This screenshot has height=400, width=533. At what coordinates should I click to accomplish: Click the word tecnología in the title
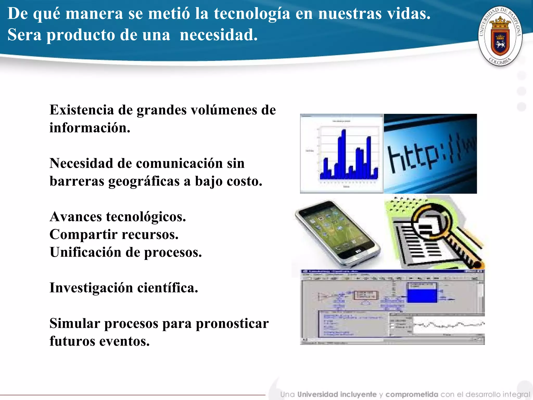coord(252,14)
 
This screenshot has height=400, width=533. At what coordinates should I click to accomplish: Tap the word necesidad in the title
coord(219,35)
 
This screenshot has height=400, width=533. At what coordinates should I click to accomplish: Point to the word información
coord(90,128)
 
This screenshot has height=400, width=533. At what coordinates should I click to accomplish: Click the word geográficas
coord(144,181)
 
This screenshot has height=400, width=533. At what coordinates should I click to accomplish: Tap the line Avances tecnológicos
coord(118,217)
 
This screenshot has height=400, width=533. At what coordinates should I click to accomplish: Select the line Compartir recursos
coord(114,234)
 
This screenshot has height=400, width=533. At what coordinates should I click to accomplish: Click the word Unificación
coord(86,252)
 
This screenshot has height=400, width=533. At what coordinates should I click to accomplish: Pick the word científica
coord(168,288)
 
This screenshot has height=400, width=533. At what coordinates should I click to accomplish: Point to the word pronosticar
coord(232,323)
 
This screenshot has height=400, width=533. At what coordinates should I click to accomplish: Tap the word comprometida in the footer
coord(412,395)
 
